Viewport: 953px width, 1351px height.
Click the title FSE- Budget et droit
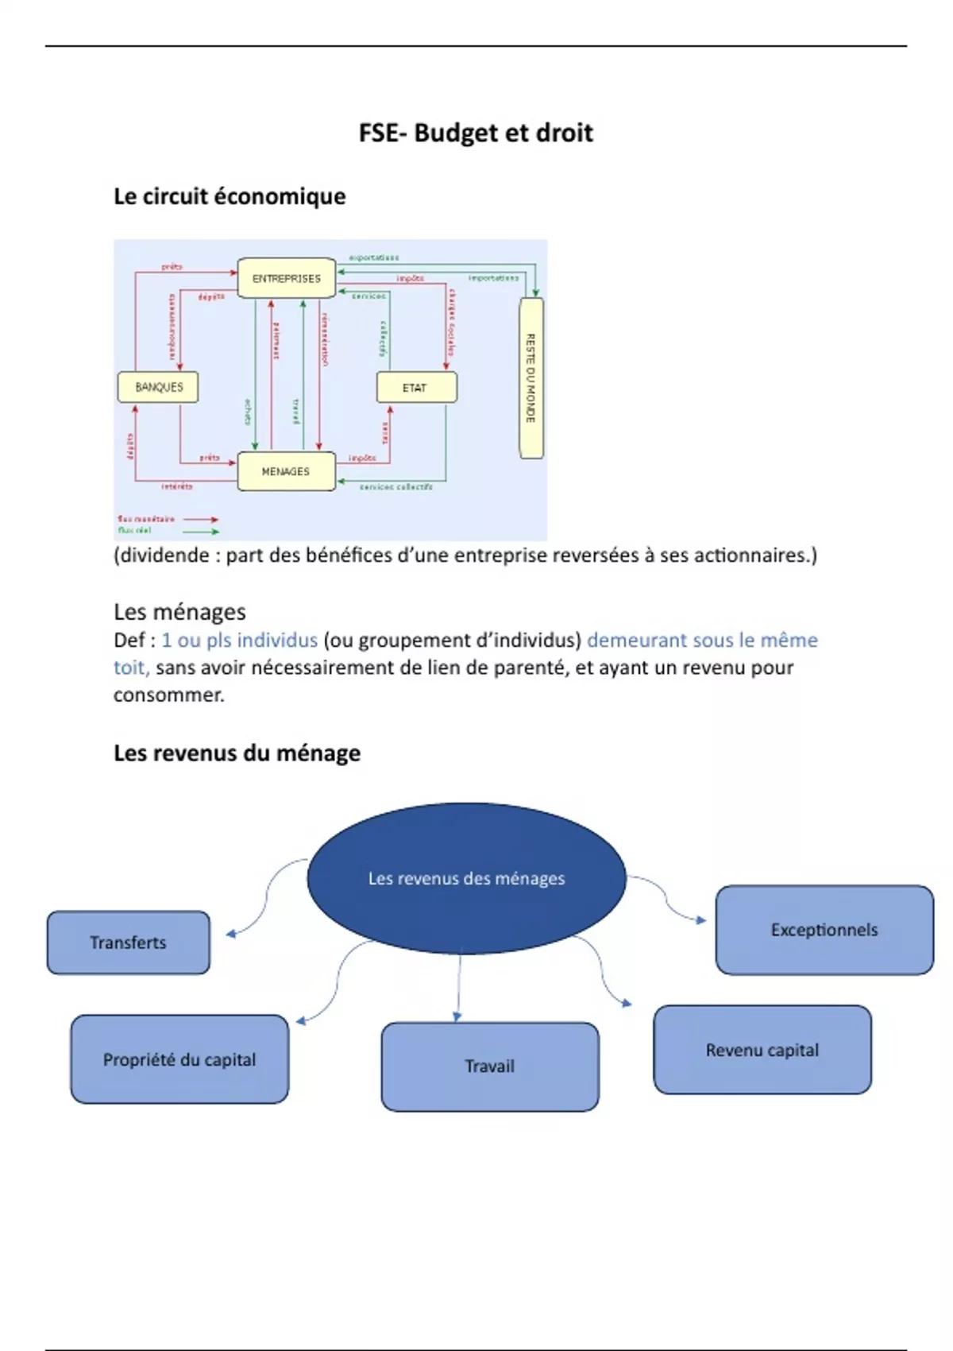tap(476, 133)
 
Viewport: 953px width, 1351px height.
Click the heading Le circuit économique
tap(230, 196)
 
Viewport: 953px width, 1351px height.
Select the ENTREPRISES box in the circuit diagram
tap(287, 278)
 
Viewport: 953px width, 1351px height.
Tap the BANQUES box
tap(158, 387)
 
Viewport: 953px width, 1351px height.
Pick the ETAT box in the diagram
tap(416, 388)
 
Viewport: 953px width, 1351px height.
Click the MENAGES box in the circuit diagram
tap(286, 471)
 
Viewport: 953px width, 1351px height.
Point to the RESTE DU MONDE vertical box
tap(531, 378)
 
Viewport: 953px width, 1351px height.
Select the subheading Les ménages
tap(179, 612)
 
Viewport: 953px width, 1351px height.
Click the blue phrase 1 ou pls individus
tap(239, 641)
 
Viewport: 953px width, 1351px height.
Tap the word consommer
tap(168, 695)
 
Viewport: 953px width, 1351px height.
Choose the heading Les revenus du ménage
tap(237, 753)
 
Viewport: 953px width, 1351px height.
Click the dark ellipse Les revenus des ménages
tap(466, 878)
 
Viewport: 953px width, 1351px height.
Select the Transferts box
tap(128, 943)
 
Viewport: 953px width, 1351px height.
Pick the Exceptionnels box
tap(824, 930)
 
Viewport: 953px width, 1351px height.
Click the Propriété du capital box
tap(179, 1059)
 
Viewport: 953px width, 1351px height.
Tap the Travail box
tap(489, 1066)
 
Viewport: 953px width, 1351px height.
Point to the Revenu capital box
tap(762, 1050)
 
